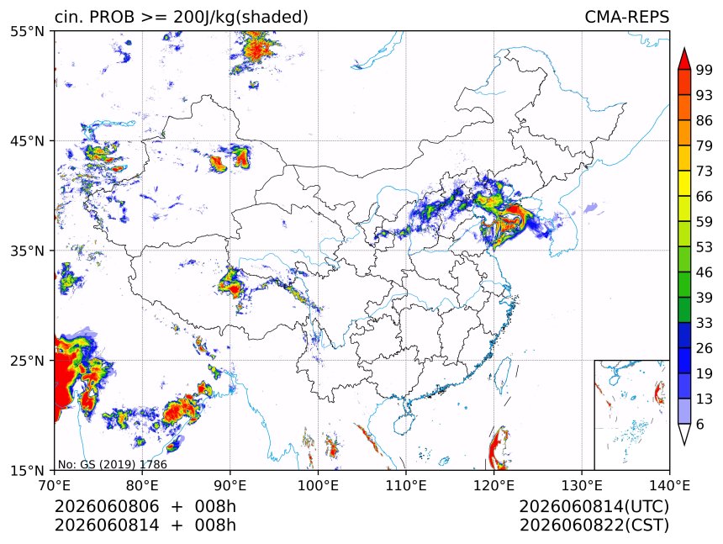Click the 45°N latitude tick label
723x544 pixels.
click(x=27, y=140)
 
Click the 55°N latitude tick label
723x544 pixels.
click(x=27, y=31)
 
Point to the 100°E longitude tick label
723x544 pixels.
click(x=318, y=486)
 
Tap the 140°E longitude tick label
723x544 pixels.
click(x=669, y=486)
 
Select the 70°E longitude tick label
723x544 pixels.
click(x=55, y=486)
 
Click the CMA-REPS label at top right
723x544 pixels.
click(x=626, y=17)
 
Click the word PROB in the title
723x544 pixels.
click(x=112, y=17)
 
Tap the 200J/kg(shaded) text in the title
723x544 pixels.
click(x=241, y=18)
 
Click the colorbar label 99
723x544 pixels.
click(x=705, y=71)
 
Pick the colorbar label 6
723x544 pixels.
click(x=700, y=424)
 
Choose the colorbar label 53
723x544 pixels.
click(x=705, y=247)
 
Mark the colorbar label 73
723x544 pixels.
click(x=705, y=172)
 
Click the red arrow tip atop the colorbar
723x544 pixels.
click(x=683, y=48)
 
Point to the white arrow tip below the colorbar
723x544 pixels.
click(x=683, y=445)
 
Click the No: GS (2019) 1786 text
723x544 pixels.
click(x=112, y=464)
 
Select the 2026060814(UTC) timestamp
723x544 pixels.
click(x=594, y=506)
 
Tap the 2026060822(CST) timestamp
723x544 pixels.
click(x=594, y=526)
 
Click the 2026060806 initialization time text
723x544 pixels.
click(x=107, y=506)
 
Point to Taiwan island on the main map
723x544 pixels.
click(x=503, y=374)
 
